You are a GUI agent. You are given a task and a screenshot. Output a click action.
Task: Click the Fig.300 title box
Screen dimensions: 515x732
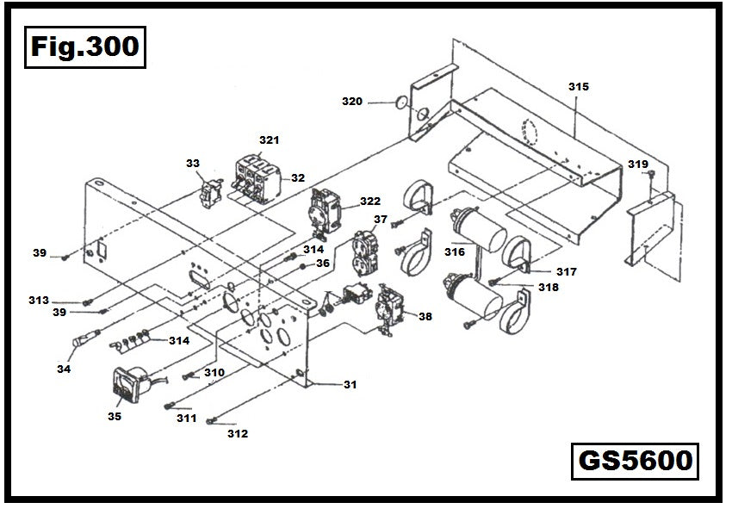tap(84, 47)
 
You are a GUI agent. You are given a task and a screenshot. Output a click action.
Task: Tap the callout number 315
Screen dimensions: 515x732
tap(579, 87)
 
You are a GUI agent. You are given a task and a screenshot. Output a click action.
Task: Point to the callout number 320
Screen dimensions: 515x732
tap(351, 102)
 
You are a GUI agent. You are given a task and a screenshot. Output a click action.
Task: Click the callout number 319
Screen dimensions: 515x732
tap(637, 164)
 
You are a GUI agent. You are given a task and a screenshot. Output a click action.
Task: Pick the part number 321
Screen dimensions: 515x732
tap(270, 140)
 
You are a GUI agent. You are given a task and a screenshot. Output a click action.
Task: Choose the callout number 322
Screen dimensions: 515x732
tap(370, 201)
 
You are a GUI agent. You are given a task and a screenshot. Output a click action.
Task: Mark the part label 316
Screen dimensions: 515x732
tap(454, 252)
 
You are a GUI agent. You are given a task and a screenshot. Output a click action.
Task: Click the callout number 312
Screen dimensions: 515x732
tap(237, 434)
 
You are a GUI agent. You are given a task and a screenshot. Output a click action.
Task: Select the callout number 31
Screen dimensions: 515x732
tap(350, 385)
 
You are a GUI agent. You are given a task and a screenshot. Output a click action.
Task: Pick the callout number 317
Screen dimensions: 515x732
tap(566, 271)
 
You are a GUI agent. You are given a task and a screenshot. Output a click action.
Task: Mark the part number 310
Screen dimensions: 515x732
tap(214, 373)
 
